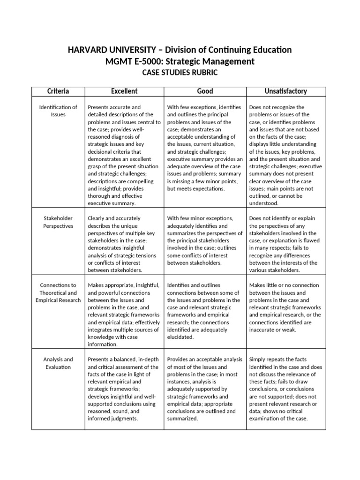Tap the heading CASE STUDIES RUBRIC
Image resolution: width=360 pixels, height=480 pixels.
180,73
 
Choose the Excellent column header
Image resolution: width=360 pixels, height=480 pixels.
124,91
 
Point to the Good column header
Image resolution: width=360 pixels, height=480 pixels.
205,91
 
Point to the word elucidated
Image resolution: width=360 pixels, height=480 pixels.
180,337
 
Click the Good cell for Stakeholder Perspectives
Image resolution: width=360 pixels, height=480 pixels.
205,240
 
